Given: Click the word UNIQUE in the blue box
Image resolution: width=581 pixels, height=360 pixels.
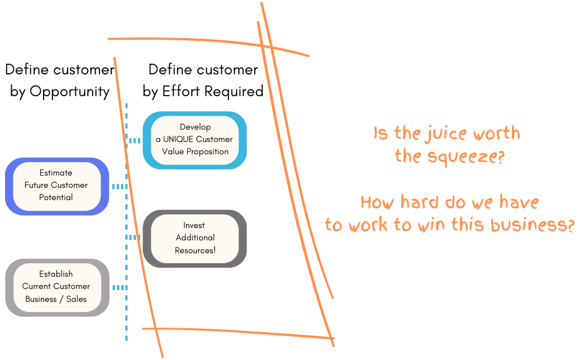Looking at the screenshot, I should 179,139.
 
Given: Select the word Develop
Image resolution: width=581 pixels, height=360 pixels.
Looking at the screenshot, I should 195,127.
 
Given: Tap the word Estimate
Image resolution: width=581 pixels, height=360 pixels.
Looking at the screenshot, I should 56,173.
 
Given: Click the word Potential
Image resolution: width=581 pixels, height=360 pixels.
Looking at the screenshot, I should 56,197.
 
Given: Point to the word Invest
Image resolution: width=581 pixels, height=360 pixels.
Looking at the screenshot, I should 194,225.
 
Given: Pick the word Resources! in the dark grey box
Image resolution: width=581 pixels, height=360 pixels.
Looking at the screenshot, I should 195,250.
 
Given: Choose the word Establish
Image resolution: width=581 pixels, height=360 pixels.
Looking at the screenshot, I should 56,274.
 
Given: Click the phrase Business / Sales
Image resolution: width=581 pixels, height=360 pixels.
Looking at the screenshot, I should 56,299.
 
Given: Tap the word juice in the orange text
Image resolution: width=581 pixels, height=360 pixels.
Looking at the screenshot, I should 442,134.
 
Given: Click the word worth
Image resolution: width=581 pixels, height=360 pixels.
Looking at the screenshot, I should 497,134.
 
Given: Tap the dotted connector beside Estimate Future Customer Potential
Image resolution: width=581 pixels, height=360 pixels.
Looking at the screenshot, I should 120,186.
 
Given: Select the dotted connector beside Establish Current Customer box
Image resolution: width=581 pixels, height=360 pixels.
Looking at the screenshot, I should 119,288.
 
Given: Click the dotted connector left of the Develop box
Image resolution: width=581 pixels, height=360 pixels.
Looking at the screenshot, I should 134,141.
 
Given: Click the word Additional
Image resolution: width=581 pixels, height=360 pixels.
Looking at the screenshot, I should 195,238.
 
